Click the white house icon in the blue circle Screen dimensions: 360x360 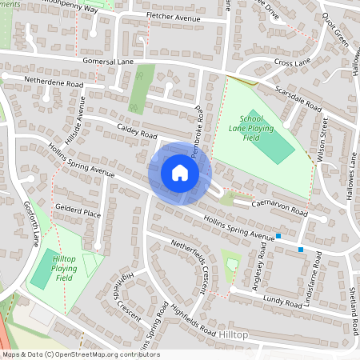coord(180,173)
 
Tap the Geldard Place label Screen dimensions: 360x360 coord(77,214)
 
